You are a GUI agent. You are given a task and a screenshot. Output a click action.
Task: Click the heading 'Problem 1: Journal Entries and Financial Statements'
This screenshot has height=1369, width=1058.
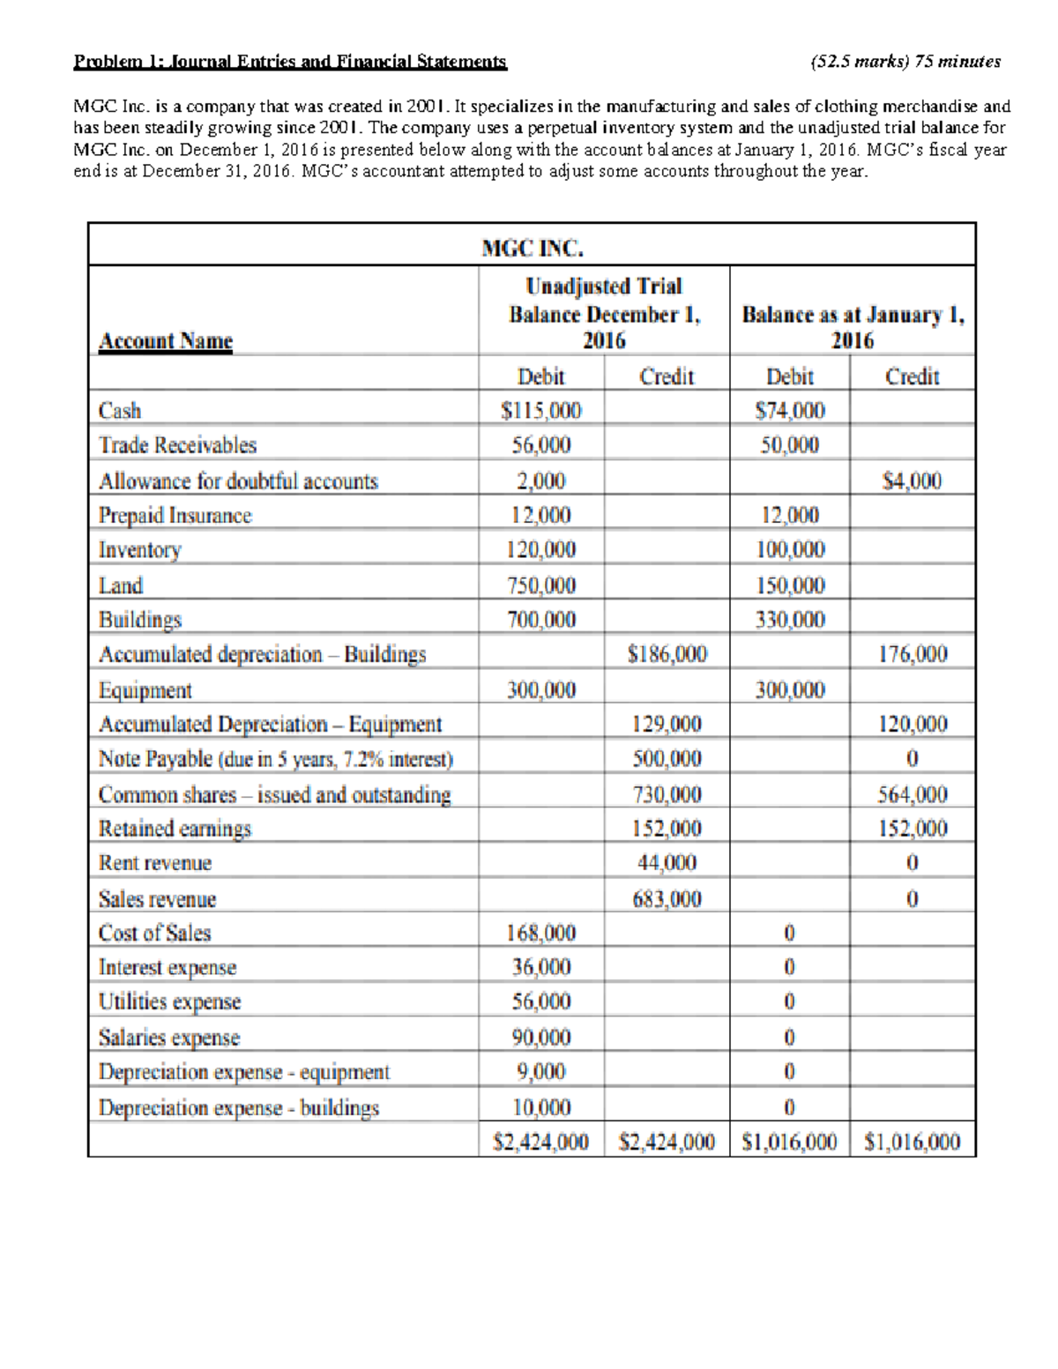(290, 62)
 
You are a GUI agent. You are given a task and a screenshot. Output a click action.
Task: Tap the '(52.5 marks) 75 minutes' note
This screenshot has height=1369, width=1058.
(905, 62)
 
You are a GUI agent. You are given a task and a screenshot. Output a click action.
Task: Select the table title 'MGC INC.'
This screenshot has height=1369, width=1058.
(533, 249)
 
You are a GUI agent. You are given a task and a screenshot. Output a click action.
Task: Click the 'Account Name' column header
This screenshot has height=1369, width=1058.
(166, 341)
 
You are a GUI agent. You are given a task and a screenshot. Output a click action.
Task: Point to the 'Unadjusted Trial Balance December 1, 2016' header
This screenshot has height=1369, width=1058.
(604, 313)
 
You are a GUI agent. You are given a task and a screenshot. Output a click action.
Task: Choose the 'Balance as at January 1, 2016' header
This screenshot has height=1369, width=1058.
(853, 327)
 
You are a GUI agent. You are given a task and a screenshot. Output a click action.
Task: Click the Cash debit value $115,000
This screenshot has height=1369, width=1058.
(540, 411)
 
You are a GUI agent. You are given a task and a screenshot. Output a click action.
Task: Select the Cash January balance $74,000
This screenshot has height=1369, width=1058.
(790, 411)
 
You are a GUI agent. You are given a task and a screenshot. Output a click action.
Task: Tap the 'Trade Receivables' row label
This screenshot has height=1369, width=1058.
(177, 445)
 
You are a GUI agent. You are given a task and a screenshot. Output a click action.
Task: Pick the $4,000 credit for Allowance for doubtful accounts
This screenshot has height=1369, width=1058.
(912, 480)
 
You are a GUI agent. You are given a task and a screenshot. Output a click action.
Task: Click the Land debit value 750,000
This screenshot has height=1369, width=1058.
(540, 585)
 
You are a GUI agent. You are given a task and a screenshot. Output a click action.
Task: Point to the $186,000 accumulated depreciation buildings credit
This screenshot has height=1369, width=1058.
(667, 654)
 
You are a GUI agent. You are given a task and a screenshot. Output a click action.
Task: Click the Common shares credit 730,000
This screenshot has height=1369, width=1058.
(667, 794)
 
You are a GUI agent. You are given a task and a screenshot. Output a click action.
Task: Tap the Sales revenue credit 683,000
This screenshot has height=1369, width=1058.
(667, 899)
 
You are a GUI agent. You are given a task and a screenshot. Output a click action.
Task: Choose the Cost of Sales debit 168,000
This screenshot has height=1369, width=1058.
(540, 933)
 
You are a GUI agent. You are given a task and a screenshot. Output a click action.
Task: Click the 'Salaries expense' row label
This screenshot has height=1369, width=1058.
(169, 1038)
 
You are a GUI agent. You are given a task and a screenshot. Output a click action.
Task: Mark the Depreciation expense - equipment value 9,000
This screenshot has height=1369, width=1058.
(540, 1072)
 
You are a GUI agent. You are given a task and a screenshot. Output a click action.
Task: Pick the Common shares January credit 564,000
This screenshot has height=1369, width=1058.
(912, 794)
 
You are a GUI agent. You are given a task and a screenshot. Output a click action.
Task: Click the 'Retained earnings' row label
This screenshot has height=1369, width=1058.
(175, 829)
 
